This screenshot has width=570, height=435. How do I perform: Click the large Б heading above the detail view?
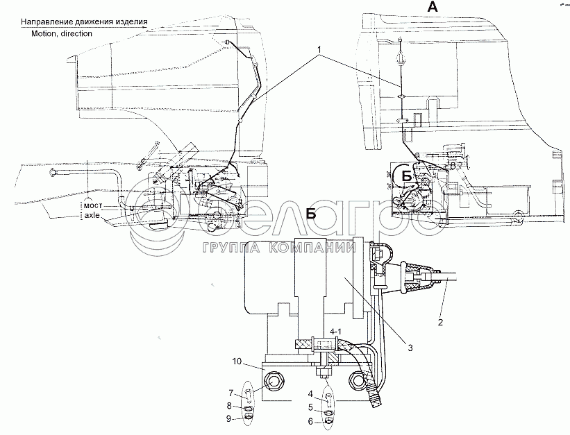coord(312,214)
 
